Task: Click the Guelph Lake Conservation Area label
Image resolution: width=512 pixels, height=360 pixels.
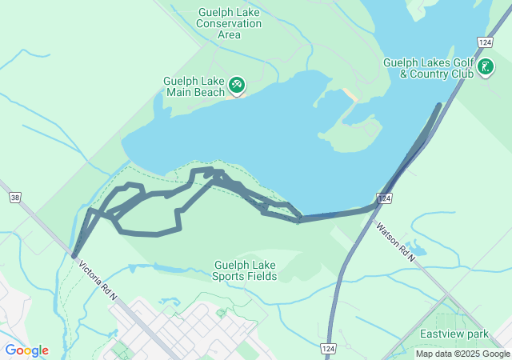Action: click(229, 23)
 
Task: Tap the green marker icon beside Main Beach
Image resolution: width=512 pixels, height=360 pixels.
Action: click(236, 84)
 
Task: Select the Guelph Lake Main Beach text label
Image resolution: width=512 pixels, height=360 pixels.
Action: click(194, 86)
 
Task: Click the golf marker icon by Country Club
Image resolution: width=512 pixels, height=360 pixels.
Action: click(485, 68)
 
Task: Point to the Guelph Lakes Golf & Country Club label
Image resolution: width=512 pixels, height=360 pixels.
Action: click(428, 68)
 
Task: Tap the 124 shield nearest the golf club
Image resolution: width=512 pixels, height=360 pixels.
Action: click(484, 42)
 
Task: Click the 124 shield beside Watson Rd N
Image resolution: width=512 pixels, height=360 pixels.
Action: click(385, 198)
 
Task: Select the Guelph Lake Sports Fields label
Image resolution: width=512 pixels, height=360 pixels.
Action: click(245, 270)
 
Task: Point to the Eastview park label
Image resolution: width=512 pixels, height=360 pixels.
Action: click(454, 333)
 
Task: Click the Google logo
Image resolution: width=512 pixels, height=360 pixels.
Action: click(26, 350)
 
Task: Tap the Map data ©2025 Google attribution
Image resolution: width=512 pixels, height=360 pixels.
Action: click(462, 354)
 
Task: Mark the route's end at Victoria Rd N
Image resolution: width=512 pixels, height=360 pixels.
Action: click(74, 257)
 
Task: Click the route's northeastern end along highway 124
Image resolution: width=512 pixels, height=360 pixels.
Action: click(438, 105)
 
